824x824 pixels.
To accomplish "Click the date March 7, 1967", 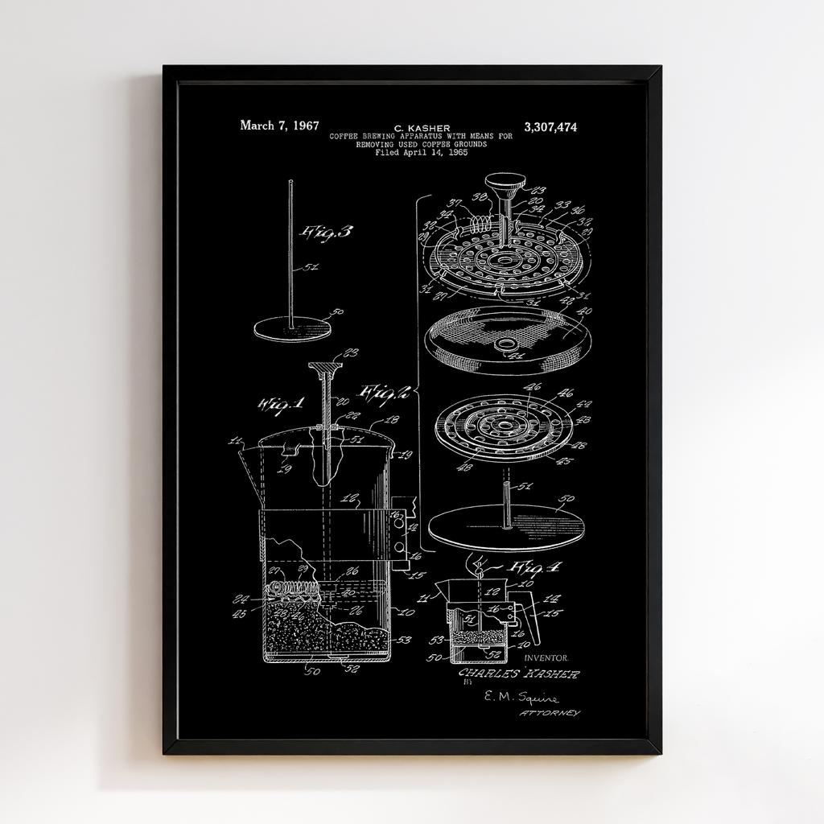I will pyautogui.click(x=279, y=126).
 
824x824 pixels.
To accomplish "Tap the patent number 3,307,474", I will pyautogui.click(x=550, y=127).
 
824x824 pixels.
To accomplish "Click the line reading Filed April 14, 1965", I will pyautogui.click(x=421, y=152).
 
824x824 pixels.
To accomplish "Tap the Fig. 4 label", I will pyautogui.click(x=535, y=566).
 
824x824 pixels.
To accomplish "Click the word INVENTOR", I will pyautogui.click(x=546, y=657).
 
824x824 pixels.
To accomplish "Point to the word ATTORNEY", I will pyautogui.click(x=550, y=714).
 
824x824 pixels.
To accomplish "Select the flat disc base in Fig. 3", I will pyautogui.click(x=292, y=328).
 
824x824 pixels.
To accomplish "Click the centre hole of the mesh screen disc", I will pyautogui.click(x=506, y=344).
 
